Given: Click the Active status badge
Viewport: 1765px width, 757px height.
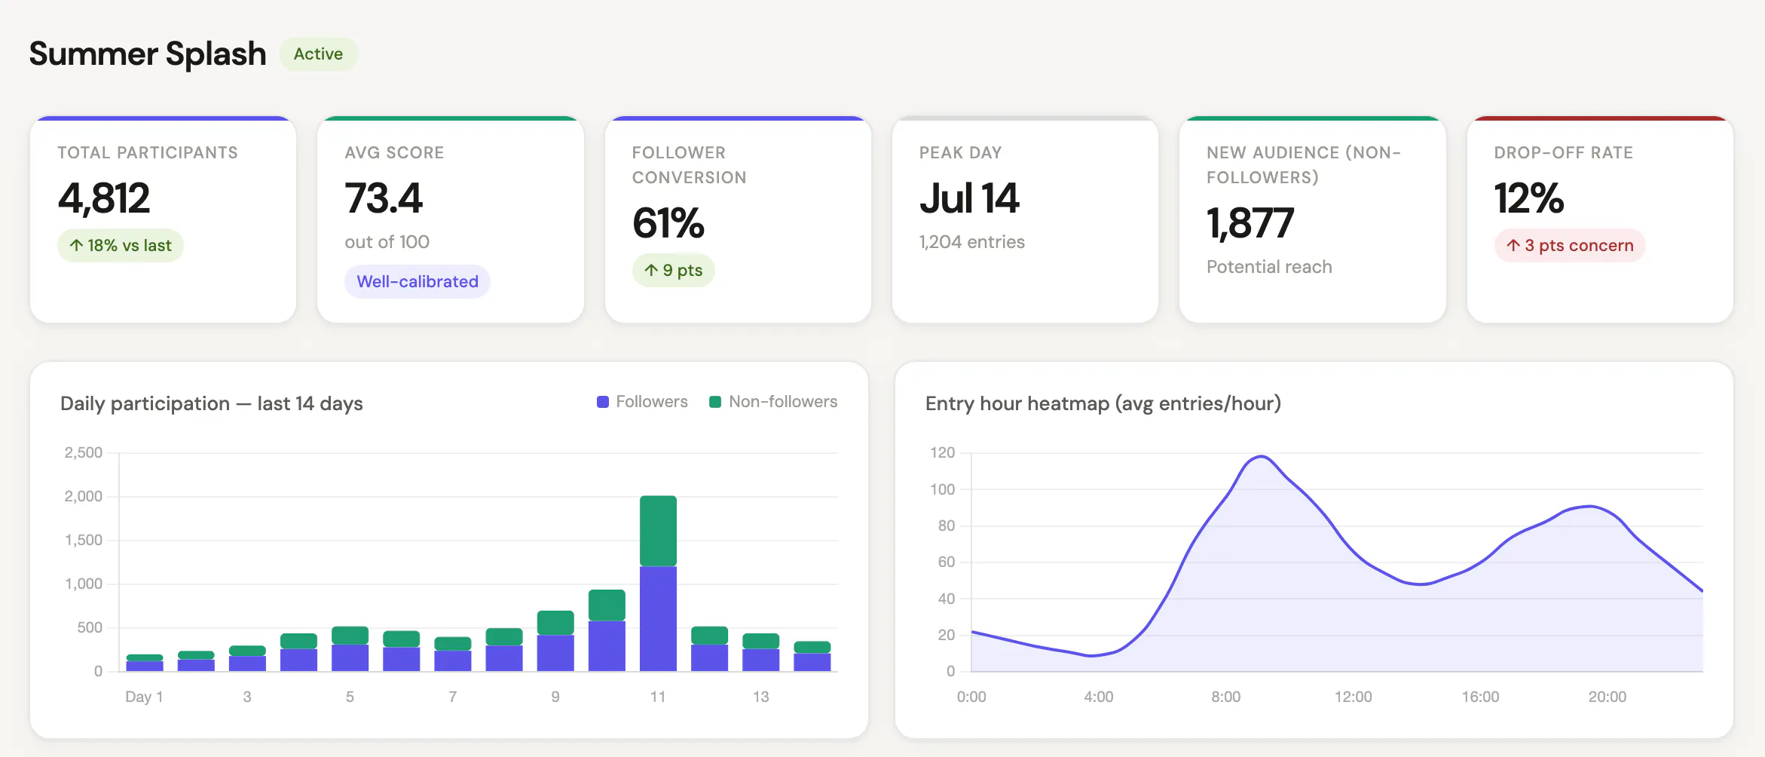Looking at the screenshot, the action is [318, 54].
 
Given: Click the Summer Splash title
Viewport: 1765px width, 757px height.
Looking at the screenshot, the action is [148, 54].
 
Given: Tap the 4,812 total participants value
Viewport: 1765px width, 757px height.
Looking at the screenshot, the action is [104, 198].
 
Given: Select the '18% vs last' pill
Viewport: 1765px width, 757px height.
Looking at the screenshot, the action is [121, 246].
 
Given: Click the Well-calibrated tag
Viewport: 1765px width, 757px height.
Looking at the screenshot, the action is [418, 281].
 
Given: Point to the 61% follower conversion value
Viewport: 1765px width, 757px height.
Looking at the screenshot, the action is [668, 223].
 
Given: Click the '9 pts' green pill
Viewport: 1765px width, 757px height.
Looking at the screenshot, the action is [674, 270].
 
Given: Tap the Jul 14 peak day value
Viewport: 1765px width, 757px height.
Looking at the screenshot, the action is [969, 198].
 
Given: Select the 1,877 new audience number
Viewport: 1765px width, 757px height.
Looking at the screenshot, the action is [1250, 223].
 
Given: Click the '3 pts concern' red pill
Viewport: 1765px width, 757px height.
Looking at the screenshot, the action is [1570, 246].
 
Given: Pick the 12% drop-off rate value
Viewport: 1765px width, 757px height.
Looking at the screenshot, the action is [1529, 198].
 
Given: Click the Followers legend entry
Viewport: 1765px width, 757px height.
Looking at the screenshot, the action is [642, 402].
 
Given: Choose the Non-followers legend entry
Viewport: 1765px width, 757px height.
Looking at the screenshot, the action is [773, 402].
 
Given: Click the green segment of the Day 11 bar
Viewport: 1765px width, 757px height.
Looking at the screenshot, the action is [658, 531].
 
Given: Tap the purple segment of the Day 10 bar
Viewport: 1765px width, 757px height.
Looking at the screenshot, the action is [607, 646].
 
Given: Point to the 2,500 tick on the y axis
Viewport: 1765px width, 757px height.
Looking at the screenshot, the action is [84, 452].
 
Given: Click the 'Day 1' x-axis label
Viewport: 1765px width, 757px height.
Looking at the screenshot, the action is [144, 697].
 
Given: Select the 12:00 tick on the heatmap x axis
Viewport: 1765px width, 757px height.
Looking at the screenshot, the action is [1353, 697].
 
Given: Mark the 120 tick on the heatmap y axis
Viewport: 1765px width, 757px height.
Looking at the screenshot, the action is [942, 452].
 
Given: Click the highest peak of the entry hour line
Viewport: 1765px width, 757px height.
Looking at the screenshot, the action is [1261, 456].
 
